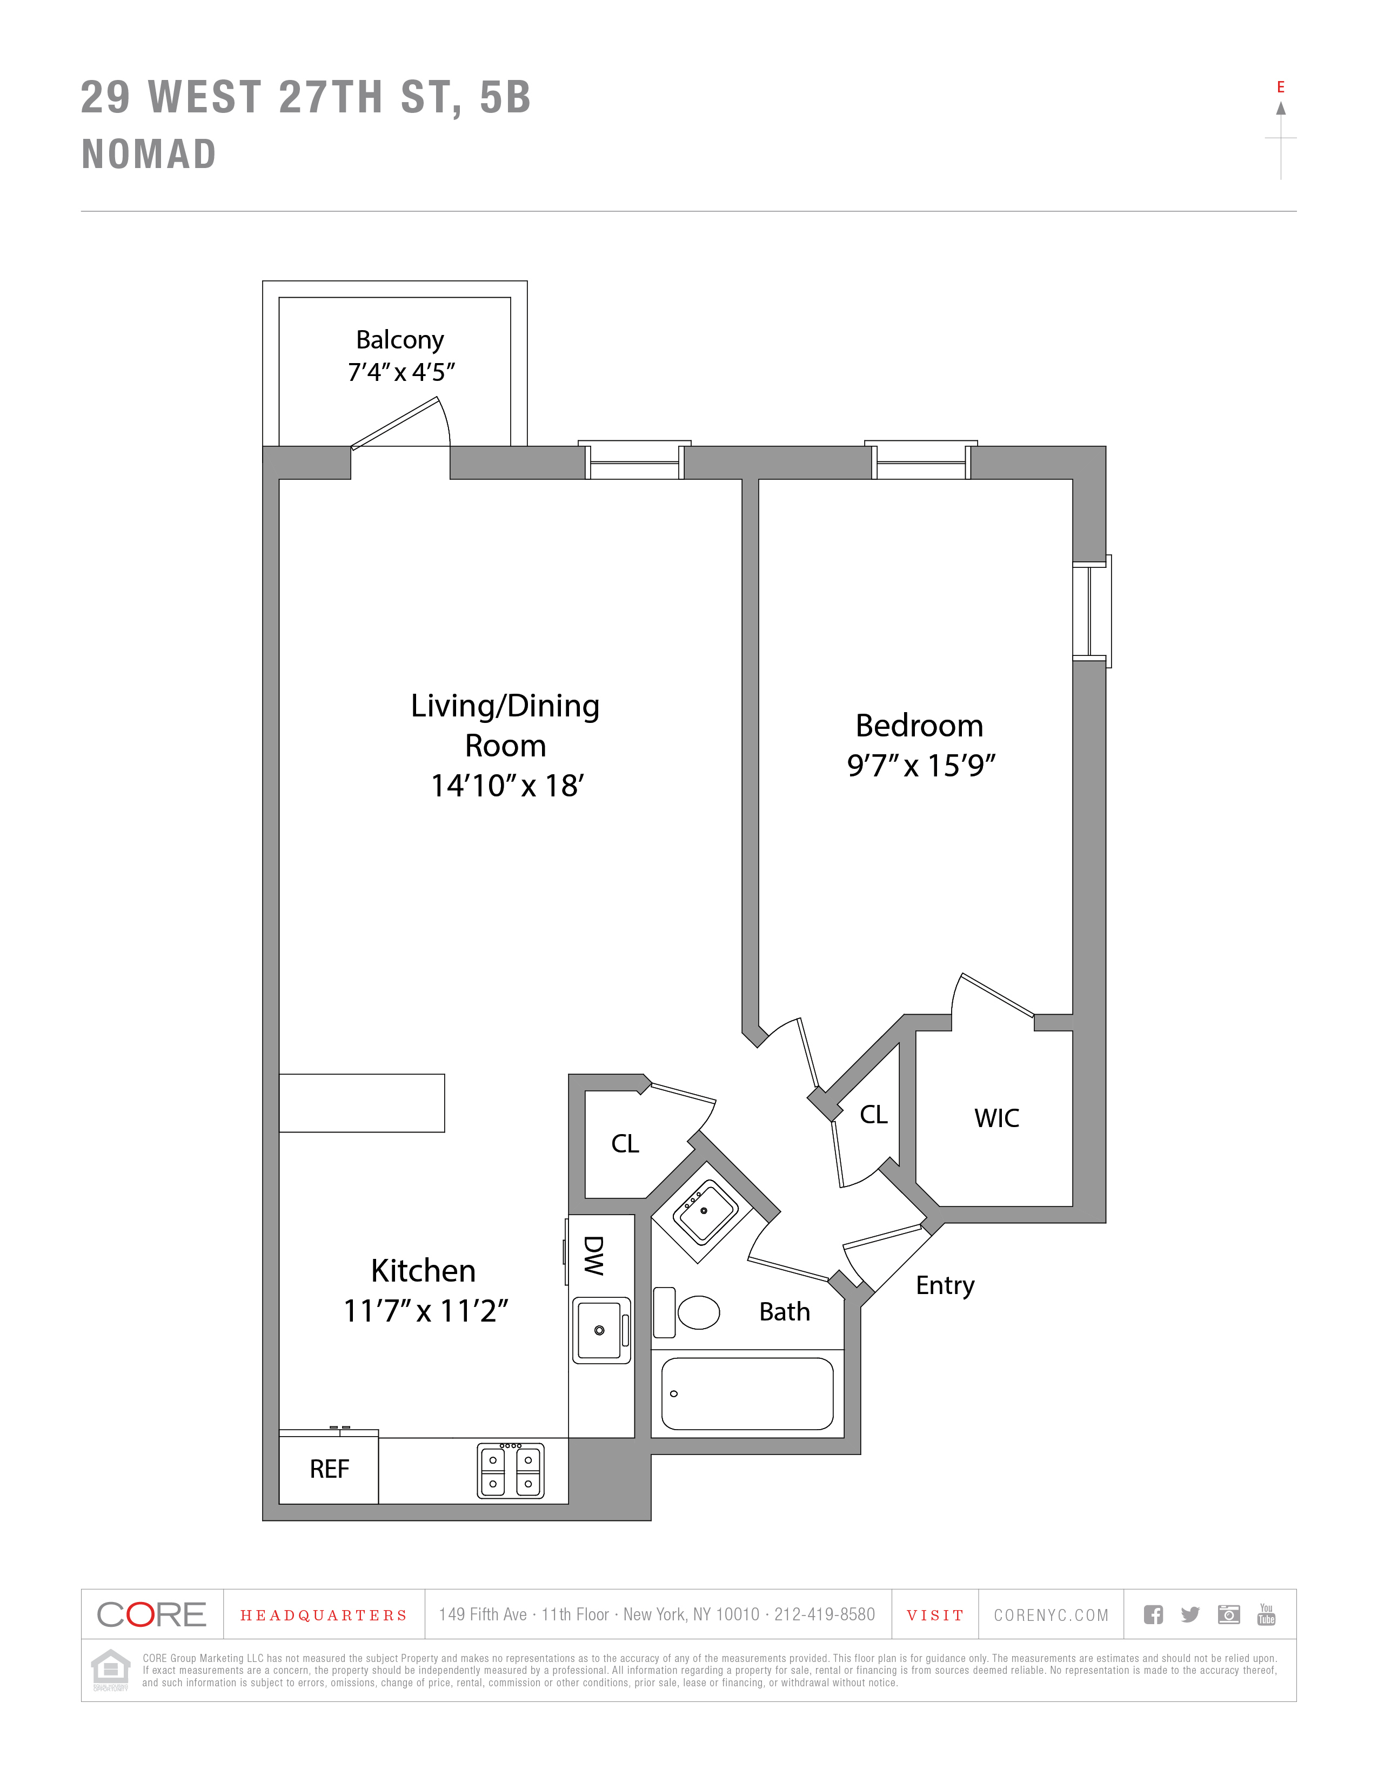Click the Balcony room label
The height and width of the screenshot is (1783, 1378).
(399, 340)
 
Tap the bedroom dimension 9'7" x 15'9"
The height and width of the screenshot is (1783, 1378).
(921, 766)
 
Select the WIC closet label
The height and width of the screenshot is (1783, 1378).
(996, 1118)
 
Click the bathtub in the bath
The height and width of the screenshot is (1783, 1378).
(747, 1393)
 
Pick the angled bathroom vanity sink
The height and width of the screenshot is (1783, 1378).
(705, 1212)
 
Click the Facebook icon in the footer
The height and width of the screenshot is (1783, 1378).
(1153, 1614)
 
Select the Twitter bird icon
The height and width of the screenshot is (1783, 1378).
(1190, 1614)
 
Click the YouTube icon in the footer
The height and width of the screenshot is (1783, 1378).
(1266, 1614)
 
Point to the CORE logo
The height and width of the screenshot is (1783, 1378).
(152, 1614)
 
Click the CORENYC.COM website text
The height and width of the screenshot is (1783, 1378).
(1051, 1615)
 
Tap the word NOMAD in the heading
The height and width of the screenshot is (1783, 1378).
(149, 155)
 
